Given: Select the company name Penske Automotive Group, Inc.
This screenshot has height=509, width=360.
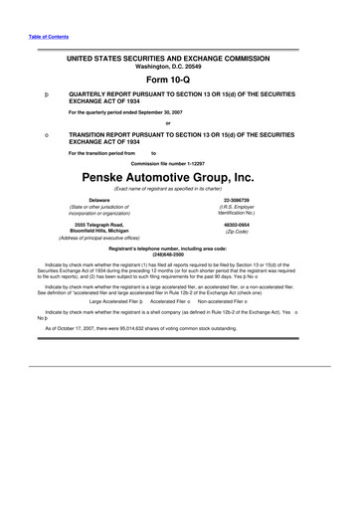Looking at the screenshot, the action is pos(179,177).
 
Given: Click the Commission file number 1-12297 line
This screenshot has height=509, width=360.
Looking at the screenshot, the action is pos(179,162).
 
